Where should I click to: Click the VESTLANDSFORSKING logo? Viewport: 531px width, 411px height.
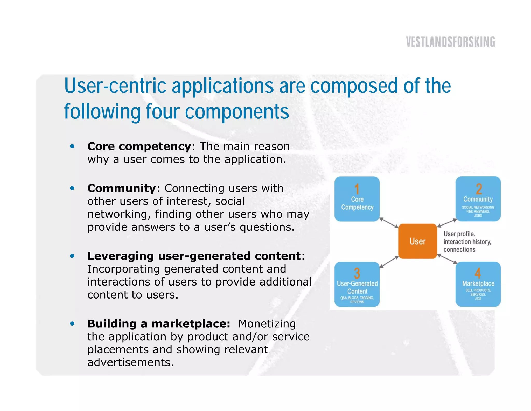450,42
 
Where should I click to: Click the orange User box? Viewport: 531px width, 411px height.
417,241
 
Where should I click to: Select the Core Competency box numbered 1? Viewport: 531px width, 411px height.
357,199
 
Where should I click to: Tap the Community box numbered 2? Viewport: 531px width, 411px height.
478,199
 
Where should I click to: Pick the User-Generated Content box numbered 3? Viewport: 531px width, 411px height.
357,284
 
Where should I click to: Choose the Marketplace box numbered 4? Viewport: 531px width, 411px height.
478,284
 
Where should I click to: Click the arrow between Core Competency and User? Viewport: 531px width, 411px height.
389,223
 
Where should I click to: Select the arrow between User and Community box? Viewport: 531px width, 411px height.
447,223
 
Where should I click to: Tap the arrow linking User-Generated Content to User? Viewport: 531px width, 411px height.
389,262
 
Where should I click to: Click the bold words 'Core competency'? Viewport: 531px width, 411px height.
139,147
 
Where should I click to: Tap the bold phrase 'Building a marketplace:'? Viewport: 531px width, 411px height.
159,324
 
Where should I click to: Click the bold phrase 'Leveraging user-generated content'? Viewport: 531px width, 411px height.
194,256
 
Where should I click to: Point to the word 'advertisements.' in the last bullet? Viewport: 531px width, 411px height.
130,362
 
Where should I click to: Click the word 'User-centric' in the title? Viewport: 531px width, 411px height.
115,86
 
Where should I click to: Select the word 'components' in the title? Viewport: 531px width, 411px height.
237,112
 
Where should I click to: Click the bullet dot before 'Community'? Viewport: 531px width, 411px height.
72,188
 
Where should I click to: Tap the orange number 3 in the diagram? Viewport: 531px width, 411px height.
357,273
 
